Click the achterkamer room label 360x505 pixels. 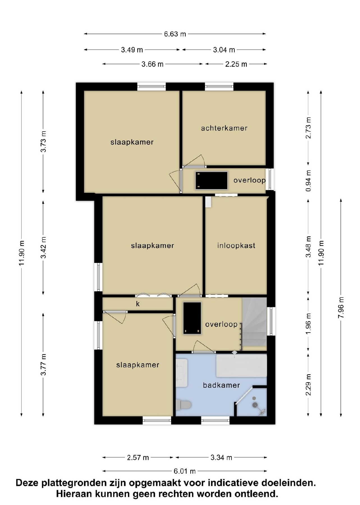coord(224,128)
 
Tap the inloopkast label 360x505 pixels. coord(236,245)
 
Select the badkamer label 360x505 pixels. coord(221,385)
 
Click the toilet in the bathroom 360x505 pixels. coord(184,405)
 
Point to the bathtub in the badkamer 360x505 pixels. coord(241,366)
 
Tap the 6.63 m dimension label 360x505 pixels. coord(175,34)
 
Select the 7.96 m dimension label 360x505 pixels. coord(341,307)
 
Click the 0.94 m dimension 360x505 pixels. coord(308,181)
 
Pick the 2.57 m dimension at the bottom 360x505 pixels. coord(138,458)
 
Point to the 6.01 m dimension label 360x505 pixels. coord(184,471)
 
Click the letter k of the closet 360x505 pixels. coord(138,304)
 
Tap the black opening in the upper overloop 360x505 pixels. coord(212,180)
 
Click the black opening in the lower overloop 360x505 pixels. coord(192,318)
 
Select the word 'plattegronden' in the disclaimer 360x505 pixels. coord(75,483)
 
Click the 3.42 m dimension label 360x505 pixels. coord(43,248)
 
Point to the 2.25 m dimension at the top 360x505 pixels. coord(236,64)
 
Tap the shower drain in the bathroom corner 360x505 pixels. coord(255,405)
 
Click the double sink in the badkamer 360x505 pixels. coord(182,373)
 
